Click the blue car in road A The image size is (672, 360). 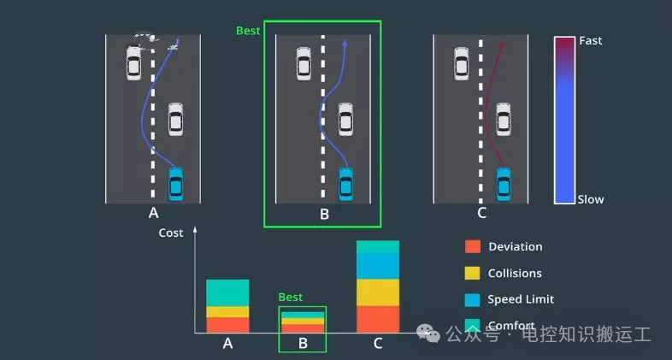[175, 182]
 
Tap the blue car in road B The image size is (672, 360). [345, 182]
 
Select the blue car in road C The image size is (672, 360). [504, 182]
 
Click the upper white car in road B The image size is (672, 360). [304, 63]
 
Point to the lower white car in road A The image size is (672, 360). [175, 119]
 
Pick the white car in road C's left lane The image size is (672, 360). [462, 63]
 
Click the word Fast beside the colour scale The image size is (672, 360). [590, 40]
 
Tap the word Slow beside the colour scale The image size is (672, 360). [590, 199]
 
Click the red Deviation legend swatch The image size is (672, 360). [473, 246]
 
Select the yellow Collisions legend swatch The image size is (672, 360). [473, 273]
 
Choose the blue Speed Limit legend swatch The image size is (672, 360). [473, 299]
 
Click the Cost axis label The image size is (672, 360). [171, 233]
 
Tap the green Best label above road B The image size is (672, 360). [248, 30]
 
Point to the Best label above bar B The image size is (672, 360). [291, 298]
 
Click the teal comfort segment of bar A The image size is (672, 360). [227, 292]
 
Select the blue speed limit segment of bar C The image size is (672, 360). [378, 266]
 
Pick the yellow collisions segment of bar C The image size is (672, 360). [378, 292]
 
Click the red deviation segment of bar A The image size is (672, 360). [227, 325]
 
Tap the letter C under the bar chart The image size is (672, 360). [378, 344]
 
